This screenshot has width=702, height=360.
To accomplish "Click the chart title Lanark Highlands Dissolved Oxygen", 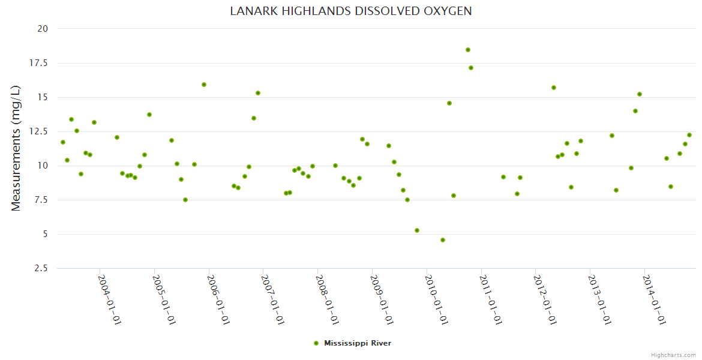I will pyautogui.click(x=350, y=11).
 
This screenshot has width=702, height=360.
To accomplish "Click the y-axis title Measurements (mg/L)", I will pyautogui.click(x=16, y=148).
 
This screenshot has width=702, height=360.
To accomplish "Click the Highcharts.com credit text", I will pyautogui.click(x=673, y=355).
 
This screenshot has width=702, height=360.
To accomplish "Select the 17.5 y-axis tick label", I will pyautogui.click(x=40, y=63).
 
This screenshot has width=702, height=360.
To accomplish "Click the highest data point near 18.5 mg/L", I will pyautogui.click(x=468, y=50).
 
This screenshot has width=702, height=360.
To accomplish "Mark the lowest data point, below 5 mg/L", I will pyautogui.click(x=443, y=240).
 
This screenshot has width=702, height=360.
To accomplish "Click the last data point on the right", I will pyautogui.click(x=689, y=135).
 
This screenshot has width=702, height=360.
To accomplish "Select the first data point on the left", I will pyautogui.click(x=63, y=142).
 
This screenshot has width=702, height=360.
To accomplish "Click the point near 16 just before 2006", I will pyautogui.click(x=204, y=85).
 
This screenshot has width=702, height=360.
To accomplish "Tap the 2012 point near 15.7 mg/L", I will pyautogui.click(x=554, y=88).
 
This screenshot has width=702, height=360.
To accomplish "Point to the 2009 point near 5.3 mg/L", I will pyautogui.click(x=417, y=230).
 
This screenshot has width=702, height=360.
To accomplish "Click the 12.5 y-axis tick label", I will pyautogui.click(x=40, y=131).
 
